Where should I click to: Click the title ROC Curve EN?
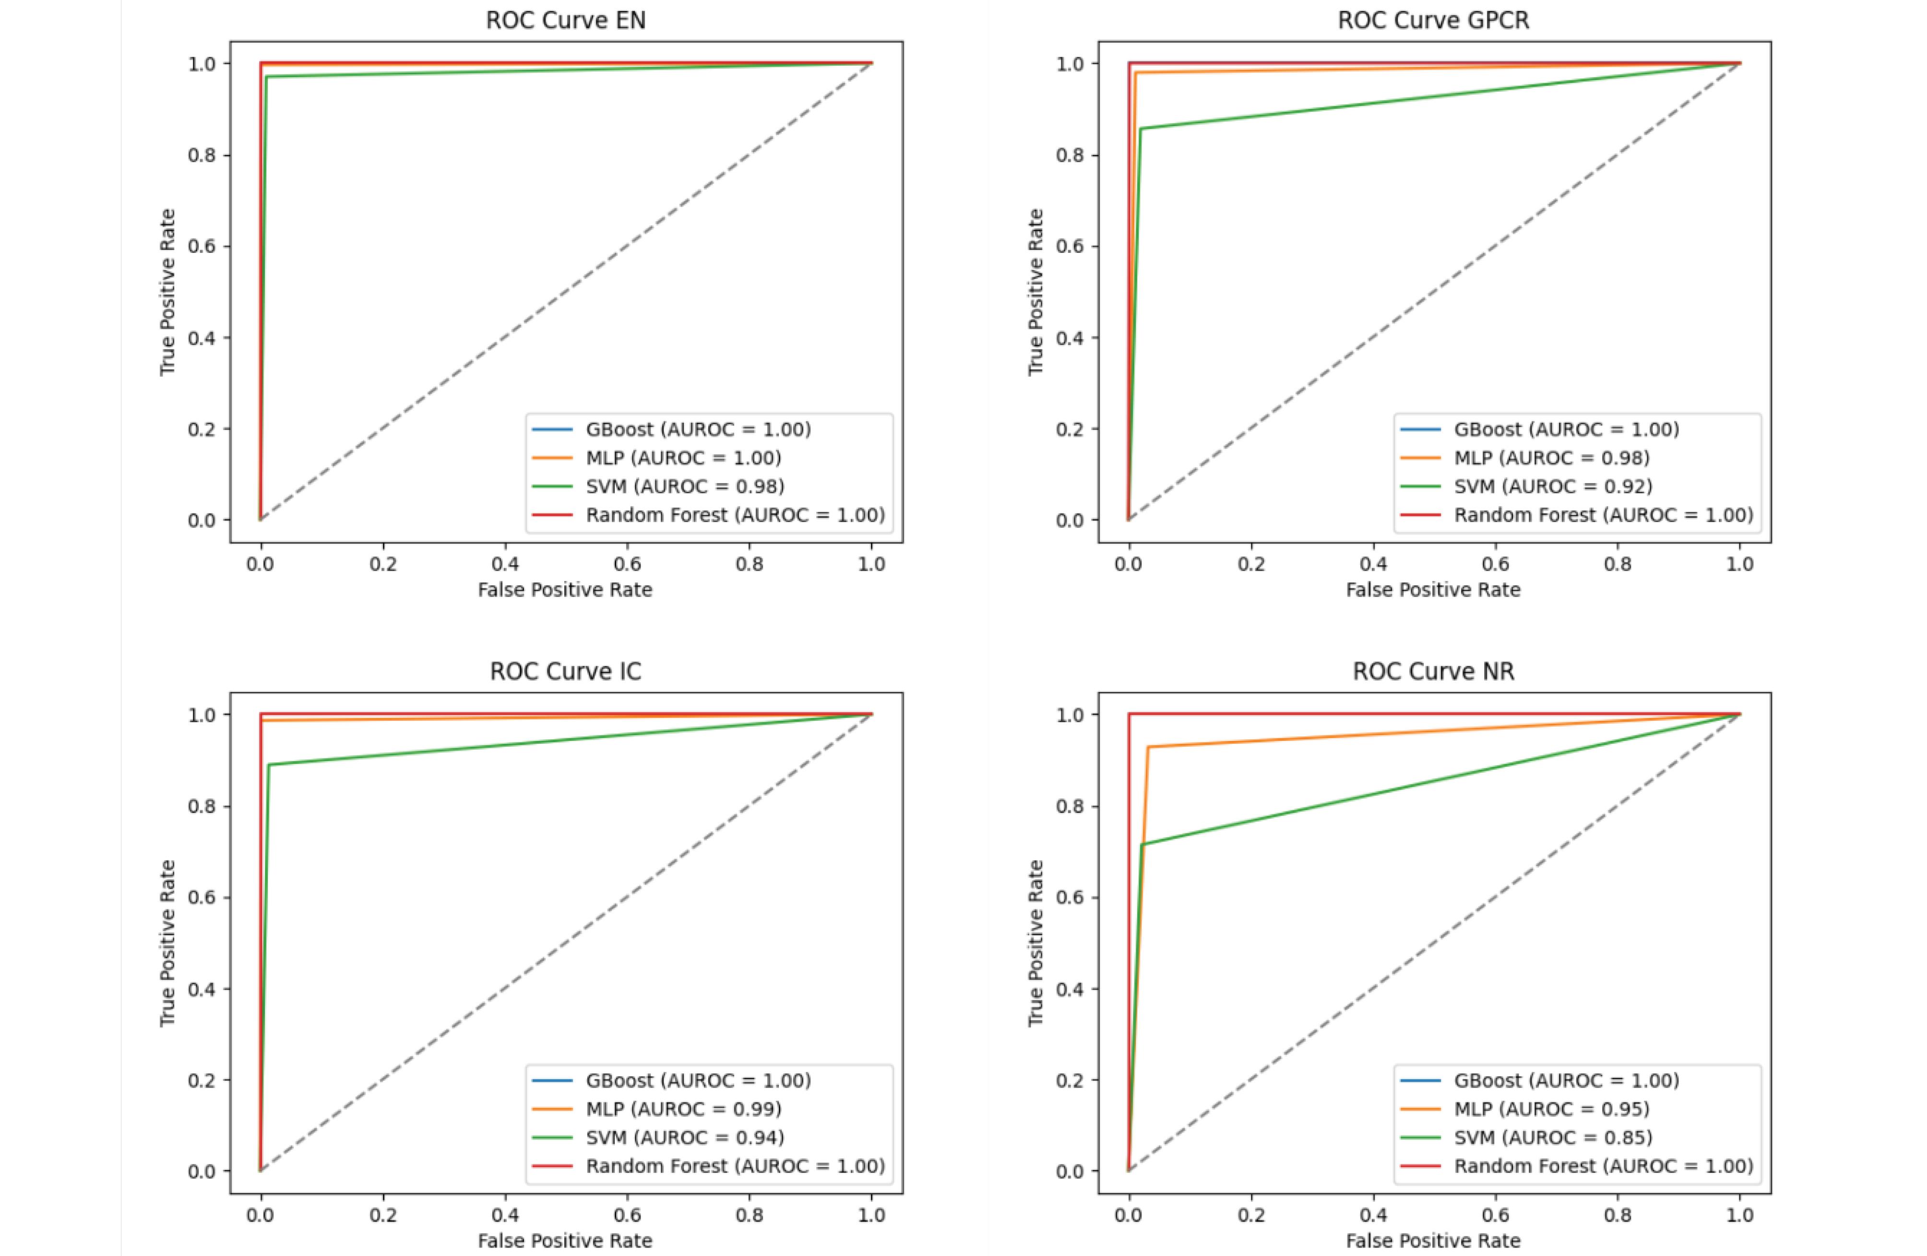tap(565, 20)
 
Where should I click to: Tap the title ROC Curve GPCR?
tap(1433, 20)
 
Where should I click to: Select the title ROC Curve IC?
tap(565, 671)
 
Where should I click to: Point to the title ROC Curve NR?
tap(1433, 671)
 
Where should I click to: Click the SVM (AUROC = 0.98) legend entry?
tap(684, 487)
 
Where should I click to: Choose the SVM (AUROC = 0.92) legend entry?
tap(1552, 487)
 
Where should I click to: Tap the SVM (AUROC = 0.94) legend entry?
tap(684, 1138)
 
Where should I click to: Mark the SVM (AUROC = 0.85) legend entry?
tap(1552, 1138)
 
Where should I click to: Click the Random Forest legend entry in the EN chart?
tap(734, 515)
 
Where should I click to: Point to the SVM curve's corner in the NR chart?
tap(1142, 845)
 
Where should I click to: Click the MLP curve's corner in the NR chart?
tap(1148, 747)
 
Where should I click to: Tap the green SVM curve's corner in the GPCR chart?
tap(1141, 129)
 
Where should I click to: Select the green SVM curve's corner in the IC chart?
tap(269, 765)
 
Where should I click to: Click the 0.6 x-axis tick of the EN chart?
tap(628, 563)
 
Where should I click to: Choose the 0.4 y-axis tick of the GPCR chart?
tap(1068, 338)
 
